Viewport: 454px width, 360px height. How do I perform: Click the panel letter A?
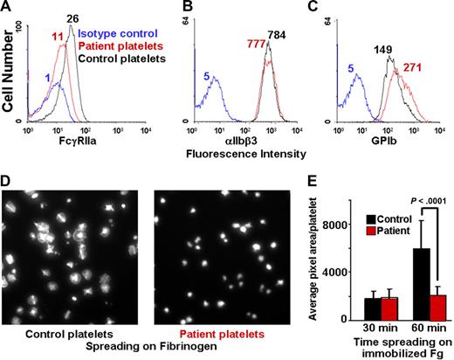point(7,8)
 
